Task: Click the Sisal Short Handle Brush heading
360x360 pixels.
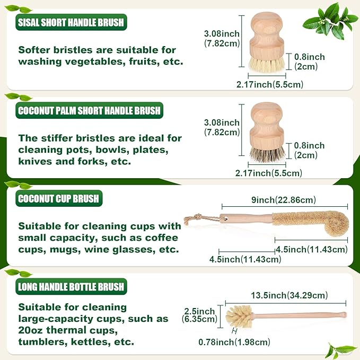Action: (71, 22)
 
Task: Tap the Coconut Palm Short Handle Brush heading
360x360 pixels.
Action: (89, 110)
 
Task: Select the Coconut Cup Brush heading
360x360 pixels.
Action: (59, 198)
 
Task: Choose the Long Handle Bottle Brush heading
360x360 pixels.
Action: (71, 286)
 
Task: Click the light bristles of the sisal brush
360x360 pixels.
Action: (267, 65)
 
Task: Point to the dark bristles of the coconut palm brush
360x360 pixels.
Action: (267, 154)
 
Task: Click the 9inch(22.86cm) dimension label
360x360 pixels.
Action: (284, 200)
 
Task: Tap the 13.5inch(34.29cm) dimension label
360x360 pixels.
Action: (289, 295)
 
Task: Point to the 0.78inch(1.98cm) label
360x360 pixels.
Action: (234, 343)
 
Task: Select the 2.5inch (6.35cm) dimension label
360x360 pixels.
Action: (199, 315)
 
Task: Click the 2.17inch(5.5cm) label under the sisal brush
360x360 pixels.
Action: (270, 84)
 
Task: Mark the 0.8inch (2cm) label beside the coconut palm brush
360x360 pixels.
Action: (309, 151)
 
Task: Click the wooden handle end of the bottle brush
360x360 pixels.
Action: (343, 314)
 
